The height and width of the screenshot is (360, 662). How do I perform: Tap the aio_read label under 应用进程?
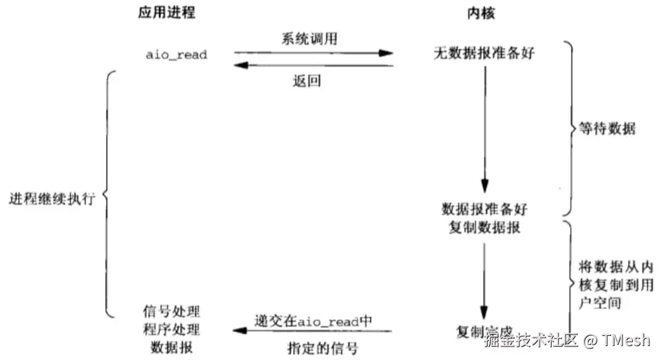[176, 55]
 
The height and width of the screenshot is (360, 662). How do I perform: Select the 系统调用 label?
[309, 38]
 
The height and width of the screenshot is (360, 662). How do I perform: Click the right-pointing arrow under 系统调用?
[314, 53]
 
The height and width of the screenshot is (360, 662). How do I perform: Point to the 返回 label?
[307, 81]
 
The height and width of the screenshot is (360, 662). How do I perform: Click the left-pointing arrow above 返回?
[314, 65]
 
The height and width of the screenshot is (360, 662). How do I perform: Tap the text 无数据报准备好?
[484, 54]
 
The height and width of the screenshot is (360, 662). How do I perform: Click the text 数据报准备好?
[484, 209]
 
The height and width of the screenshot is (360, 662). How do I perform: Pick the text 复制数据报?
[484, 227]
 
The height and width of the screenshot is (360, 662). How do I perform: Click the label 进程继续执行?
[52, 198]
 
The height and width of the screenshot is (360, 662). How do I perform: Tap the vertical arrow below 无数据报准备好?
[484, 127]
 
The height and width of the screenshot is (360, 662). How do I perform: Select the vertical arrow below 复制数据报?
[484, 279]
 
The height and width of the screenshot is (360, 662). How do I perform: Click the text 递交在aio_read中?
[313, 320]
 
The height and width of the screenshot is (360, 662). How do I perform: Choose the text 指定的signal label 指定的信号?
[313, 347]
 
